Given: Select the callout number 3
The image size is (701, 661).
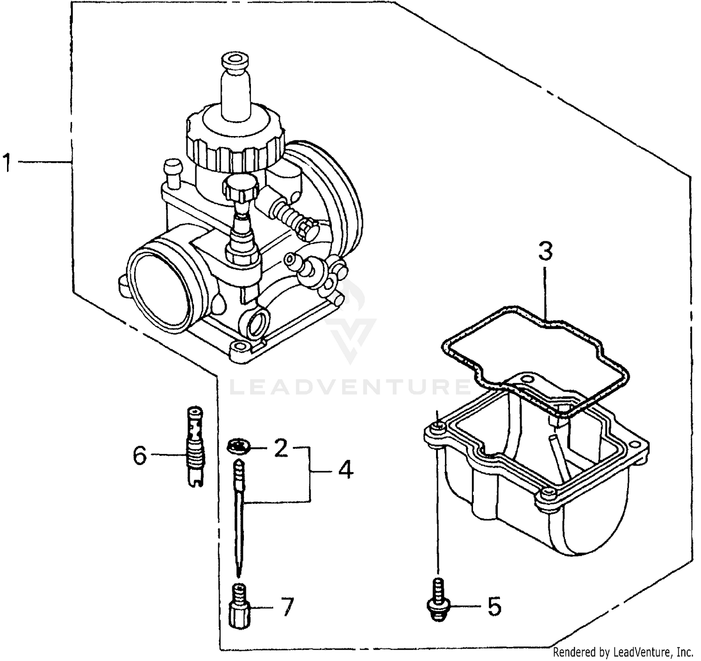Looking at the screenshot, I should [x=545, y=251].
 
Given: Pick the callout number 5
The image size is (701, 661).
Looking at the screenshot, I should [x=494, y=606].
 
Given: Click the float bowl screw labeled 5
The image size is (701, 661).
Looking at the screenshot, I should [x=437, y=599].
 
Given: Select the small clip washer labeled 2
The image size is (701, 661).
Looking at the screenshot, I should [x=239, y=446].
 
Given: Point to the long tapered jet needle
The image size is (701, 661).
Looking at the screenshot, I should [x=239, y=514].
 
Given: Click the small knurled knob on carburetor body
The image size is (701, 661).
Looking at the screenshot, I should [x=241, y=187].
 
